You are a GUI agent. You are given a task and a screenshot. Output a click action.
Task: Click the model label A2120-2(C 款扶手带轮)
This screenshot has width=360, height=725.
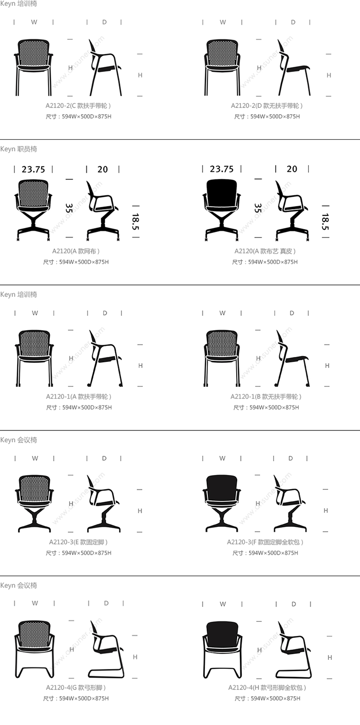coord(78,106)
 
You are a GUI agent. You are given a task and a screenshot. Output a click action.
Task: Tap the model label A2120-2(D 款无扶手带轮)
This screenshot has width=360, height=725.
coord(267,106)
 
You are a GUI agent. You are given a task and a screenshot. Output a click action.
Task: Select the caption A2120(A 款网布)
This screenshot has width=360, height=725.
coord(76,251)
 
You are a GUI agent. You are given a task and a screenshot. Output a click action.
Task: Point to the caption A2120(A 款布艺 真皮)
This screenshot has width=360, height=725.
coord(265,251)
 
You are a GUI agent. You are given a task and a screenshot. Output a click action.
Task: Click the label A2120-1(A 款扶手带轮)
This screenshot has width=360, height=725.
coord(79,396)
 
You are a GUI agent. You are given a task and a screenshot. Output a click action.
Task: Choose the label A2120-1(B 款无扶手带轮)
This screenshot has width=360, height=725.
coord(266,396)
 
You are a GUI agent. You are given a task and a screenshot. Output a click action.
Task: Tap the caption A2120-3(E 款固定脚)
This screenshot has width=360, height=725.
coord(78,542)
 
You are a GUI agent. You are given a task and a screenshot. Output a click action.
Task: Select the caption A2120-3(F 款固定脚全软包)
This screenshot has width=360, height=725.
coord(265,542)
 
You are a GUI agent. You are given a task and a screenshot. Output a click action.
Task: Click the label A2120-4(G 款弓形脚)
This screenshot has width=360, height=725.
coord(76,687)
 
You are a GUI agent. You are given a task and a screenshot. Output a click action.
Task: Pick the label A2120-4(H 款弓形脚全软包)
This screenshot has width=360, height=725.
coord(267,687)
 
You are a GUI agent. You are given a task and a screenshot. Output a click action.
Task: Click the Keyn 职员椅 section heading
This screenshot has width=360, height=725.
coord(18,149)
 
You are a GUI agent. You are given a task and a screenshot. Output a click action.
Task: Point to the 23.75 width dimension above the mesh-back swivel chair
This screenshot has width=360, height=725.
coord(33,169)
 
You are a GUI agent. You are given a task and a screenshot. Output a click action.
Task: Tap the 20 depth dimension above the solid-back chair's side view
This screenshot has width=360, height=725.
coord(292,169)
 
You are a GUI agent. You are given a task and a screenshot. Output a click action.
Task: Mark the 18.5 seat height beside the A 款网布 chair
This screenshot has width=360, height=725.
coord(136,222)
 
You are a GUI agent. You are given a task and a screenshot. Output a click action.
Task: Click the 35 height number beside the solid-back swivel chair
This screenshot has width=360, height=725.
coord(258,208)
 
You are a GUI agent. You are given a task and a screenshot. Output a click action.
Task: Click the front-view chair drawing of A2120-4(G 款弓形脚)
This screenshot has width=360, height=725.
coord(34,649)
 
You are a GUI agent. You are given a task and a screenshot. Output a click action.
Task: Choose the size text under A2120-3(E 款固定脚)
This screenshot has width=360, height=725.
coord(78,553)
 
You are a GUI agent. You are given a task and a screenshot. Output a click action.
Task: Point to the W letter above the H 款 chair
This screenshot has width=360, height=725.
coord(223,604)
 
